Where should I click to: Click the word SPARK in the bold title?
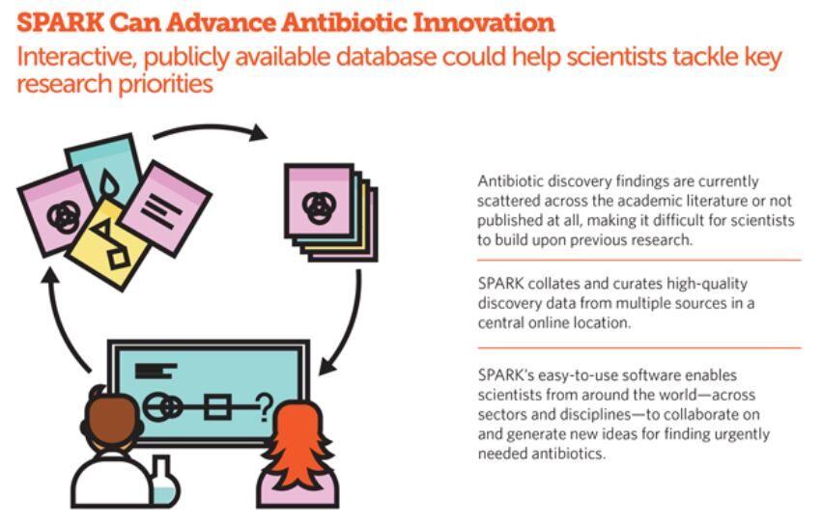tap(60, 22)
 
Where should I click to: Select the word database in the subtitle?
tap(385, 57)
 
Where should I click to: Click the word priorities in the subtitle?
tap(166, 84)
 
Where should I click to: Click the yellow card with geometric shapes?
tap(109, 242)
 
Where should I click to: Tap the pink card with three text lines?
tap(166, 207)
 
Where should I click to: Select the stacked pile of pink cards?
tap(330, 212)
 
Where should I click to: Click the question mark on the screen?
tap(266, 407)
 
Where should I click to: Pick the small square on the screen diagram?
tap(217, 407)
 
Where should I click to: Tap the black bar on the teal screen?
tap(156, 371)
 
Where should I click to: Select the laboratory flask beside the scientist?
tap(164, 481)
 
